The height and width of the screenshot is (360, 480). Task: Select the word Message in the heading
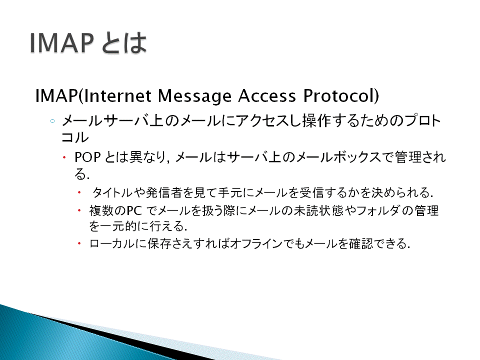[x=194, y=96]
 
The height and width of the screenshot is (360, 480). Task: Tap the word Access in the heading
[x=267, y=96]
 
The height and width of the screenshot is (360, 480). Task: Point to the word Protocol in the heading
[x=338, y=95]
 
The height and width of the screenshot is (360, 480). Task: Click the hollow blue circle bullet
[x=52, y=121]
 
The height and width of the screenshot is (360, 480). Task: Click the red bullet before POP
[x=64, y=157]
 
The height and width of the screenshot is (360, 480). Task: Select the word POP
[x=87, y=157]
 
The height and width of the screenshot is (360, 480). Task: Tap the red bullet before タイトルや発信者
[x=79, y=192]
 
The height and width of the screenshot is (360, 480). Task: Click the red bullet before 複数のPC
[x=79, y=210]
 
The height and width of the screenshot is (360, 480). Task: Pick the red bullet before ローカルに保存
[x=79, y=243]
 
